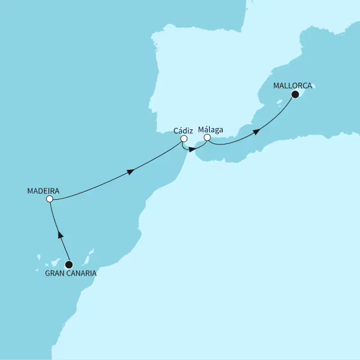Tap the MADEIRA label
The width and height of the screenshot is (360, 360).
(43, 190)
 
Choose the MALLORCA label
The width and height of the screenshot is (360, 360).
(292, 87)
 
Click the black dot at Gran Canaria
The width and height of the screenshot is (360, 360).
(69, 264)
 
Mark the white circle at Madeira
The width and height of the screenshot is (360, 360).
(49, 199)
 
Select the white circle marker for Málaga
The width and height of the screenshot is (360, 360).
(207, 137)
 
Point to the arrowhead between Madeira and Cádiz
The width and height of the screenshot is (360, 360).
(132, 172)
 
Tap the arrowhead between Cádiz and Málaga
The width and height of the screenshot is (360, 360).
(192, 150)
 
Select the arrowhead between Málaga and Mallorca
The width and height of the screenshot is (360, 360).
(256, 132)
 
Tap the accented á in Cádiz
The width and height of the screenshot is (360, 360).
(180, 130)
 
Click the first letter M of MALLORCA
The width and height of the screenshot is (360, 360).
(276, 87)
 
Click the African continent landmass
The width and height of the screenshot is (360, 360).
(225, 253)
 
